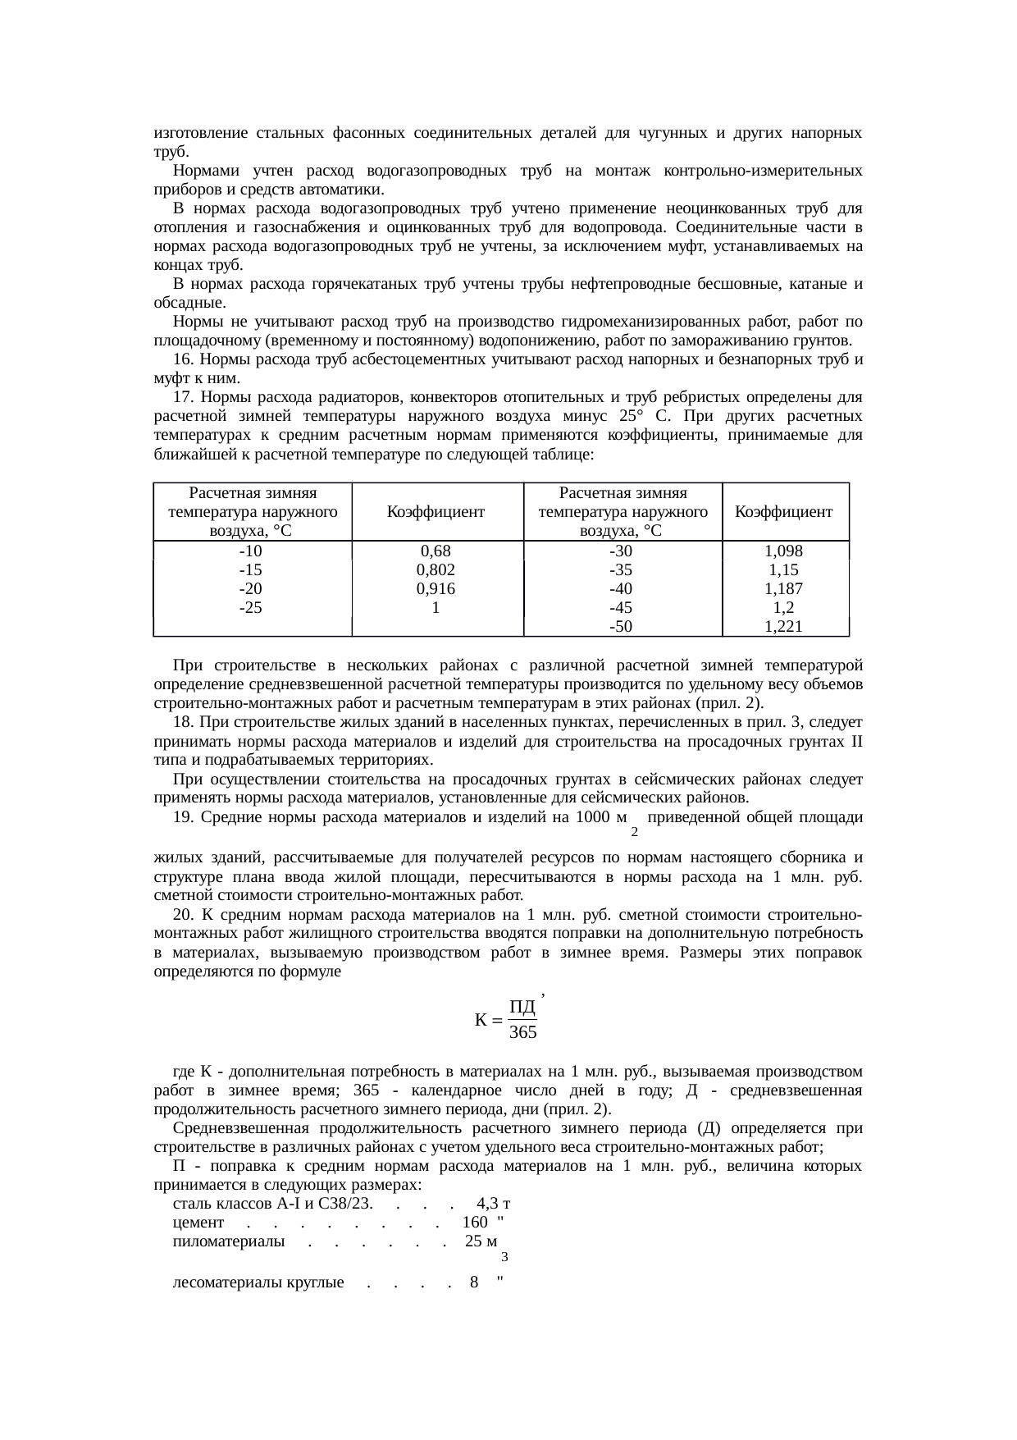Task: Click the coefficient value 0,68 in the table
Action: pyautogui.click(x=436, y=551)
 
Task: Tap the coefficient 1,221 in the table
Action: pyautogui.click(x=783, y=628)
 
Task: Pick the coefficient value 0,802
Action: pyautogui.click(x=436, y=570)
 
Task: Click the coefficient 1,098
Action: pyautogui.click(x=783, y=551)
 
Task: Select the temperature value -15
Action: pyautogui.click(x=250, y=570)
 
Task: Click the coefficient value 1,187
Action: pyautogui.click(x=783, y=589)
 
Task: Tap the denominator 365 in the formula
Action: pyautogui.click(x=523, y=1032)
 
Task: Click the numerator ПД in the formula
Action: pyautogui.click(x=522, y=1007)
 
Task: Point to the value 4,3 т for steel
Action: pyautogui.click(x=494, y=1205)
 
